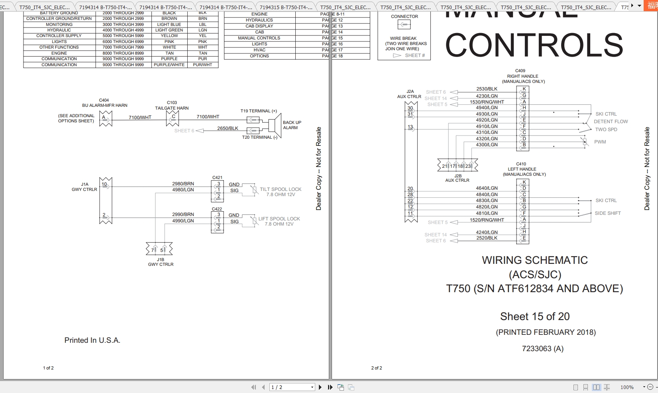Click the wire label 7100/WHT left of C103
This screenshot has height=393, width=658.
(140, 117)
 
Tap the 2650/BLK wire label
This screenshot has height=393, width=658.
(228, 128)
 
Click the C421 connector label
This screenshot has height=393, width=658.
(217, 178)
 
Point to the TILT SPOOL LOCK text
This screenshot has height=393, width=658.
(281, 189)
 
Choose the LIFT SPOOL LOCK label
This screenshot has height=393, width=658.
(279, 219)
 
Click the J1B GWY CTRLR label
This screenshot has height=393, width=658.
(161, 262)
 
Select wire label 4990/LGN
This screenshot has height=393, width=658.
(183, 221)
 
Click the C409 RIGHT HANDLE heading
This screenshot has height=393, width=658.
(522, 76)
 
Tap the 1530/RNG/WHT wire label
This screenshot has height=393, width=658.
(487, 102)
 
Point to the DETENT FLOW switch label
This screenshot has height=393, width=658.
(611, 122)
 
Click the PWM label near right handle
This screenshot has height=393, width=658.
(600, 142)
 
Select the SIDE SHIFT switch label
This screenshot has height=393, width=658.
(607, 213)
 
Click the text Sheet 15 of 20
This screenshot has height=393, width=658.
(535, 316)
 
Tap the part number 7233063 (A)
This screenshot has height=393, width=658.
(542, 349)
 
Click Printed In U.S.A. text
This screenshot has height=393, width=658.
(92, 340)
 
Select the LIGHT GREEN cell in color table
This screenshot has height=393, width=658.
(169, 30)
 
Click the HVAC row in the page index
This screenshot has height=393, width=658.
(259, 50)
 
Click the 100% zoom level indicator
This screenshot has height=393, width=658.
(627, 387)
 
